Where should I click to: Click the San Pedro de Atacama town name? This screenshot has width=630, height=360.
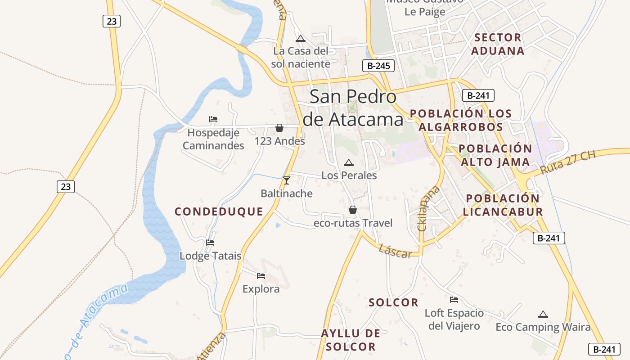pos(353,108)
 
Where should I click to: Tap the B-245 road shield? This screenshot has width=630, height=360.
pos(378,66)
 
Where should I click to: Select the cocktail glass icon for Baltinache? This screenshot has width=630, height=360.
pos(286,180)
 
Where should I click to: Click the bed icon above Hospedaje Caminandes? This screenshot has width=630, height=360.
pos(213,119)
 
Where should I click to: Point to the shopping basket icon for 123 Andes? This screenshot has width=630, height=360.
pos(279,128)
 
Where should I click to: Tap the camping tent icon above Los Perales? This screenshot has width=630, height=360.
pos(348,163)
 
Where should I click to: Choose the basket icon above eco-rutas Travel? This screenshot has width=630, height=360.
pos(353,210)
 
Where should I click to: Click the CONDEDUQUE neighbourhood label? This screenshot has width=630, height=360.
pos(219,211)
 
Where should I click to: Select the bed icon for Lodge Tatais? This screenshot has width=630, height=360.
pos(210,243)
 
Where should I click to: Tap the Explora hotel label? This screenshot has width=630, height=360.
pos(261,289)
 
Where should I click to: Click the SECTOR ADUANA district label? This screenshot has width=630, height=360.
pos(498,44)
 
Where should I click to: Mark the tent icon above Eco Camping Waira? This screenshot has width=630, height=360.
pos(543,314)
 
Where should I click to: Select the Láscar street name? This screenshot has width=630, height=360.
pos(395,251)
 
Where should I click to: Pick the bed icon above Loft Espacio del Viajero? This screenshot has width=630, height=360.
pos(454,300)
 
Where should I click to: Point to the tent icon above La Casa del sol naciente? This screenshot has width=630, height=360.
pos(301,38)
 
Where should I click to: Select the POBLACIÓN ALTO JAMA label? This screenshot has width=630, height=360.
pos(495,155)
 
